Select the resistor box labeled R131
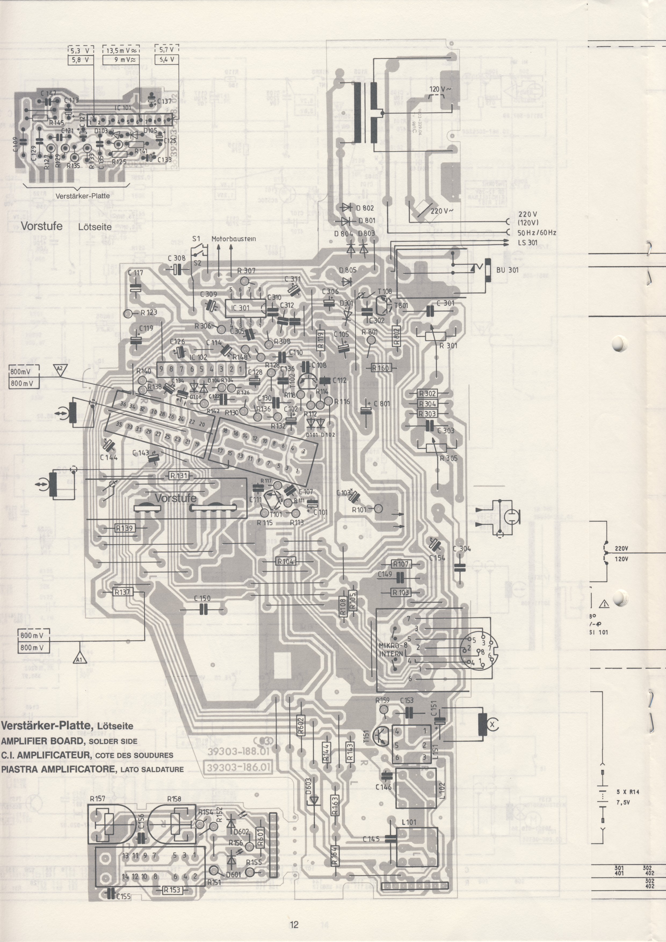tap(179, 475)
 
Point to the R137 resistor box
tap(122, 592)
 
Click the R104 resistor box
tap(285, 561)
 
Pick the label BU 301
tap(507, 270)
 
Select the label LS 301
tap(527, 243)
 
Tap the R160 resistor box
tap(380, 368)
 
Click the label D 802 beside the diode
tap(365, 208)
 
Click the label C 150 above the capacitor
tap(202, 598)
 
